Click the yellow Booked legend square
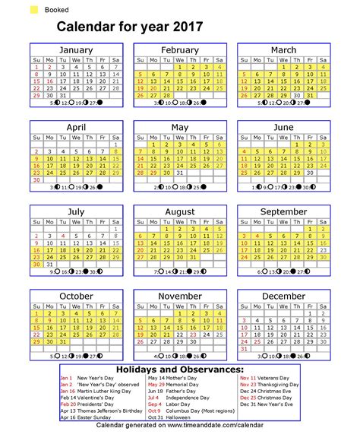click(x=34, y=11)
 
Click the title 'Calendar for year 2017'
click(x=129, y=27)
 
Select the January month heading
click(x=76, y=50)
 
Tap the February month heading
click(x=180, y=50)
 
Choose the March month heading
click(x=283, y=50)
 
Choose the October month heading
click(x=76, y=296)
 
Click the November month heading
click(x=180, y=296)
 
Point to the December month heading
click(x=283, y=296)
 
